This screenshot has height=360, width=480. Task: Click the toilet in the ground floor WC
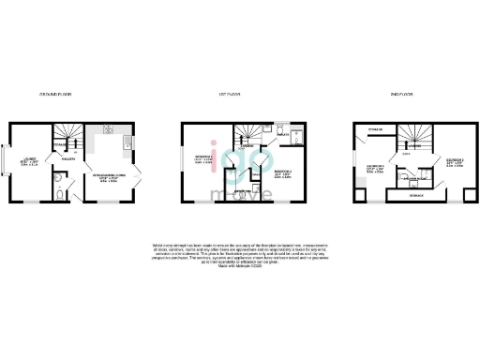pos(58,195)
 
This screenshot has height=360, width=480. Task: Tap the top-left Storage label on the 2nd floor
pos(372,127)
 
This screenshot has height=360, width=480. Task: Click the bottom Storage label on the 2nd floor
pos(410,197)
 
